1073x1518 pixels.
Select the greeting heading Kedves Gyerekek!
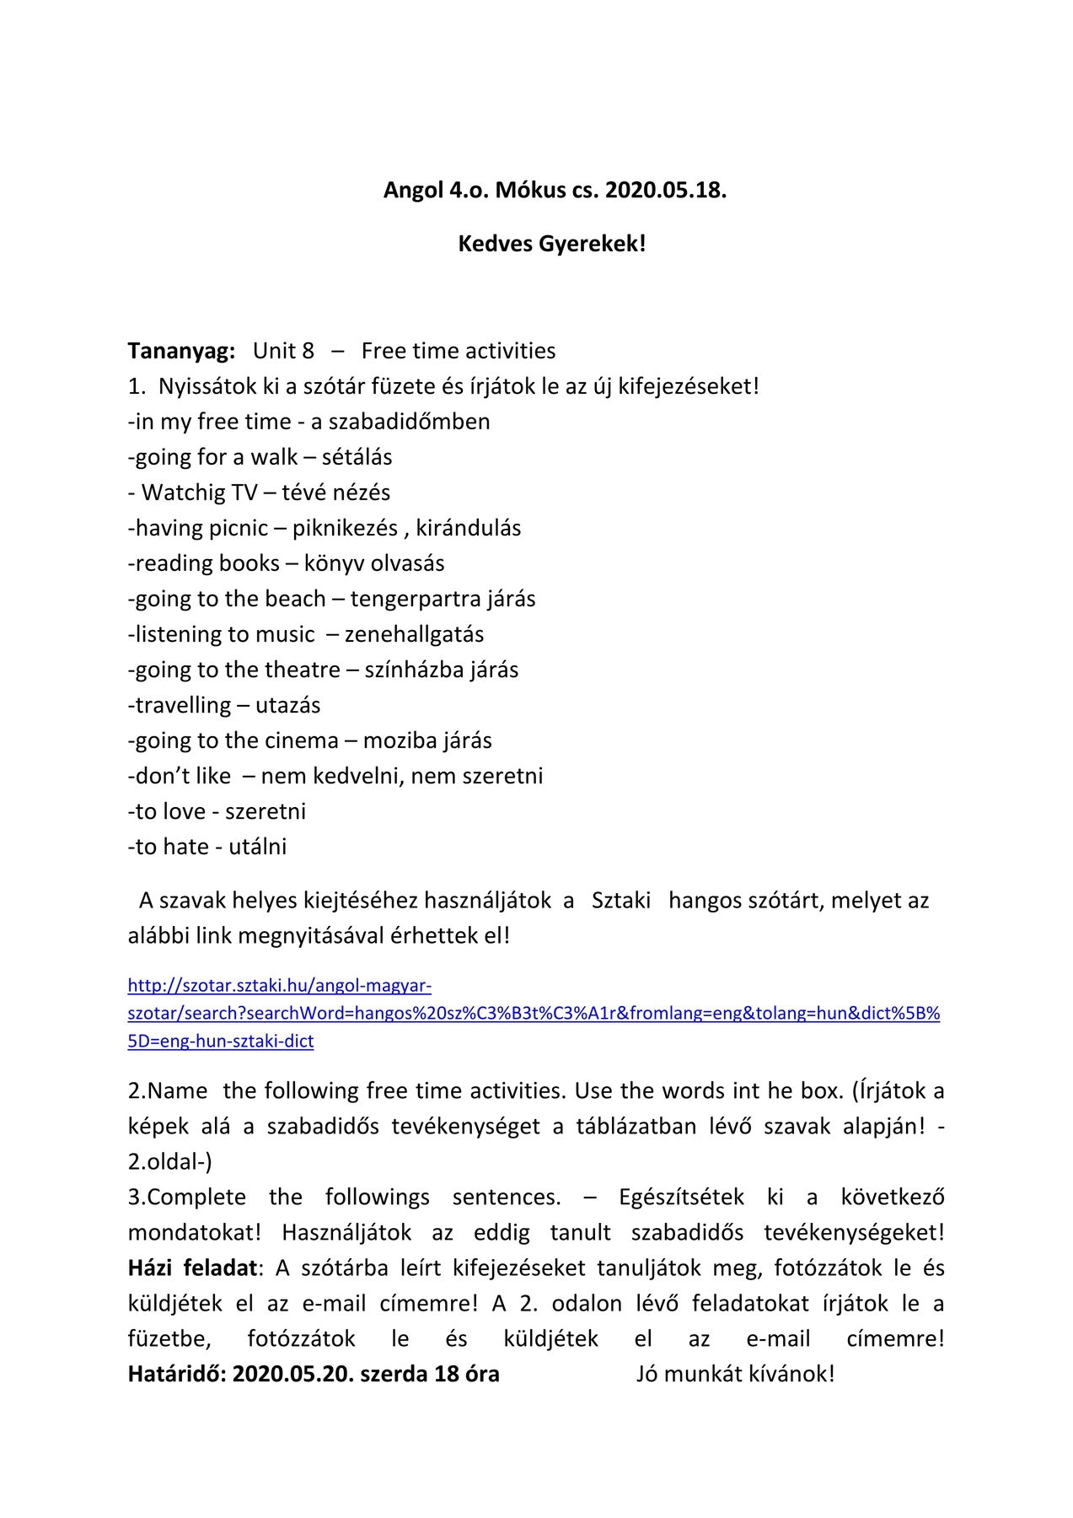tap(552, 244)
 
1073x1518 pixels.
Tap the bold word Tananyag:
tap(181, 351)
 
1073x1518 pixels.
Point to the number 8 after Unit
tap(308, 351)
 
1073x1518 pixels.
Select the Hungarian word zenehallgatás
tap(414, 634)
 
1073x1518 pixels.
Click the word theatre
tap(291, 670)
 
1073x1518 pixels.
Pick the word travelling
tap(183, 705)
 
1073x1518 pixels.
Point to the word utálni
tap(257, 847)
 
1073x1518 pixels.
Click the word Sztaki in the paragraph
tap(621, 901)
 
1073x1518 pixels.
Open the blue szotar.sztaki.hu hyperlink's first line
tap(280, 986)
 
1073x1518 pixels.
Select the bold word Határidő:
tap(177, 1375)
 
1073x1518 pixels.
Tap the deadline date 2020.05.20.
tap(292, 1375)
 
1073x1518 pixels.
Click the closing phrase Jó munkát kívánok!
tap(735, 1375)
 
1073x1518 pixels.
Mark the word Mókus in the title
tap(530, 191)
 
